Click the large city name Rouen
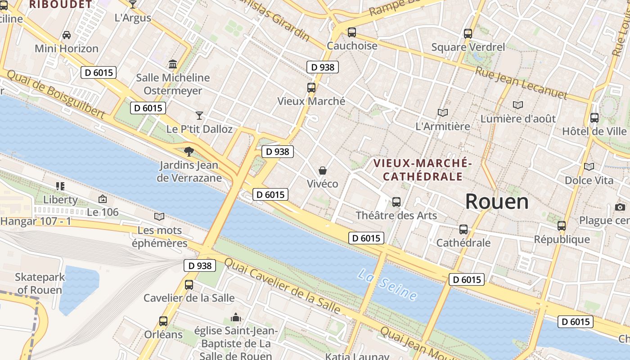click(x=497, y=202)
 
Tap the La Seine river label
click(x=387, y=284)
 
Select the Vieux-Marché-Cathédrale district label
click(x=423, y=169)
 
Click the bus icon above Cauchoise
click(x=352, y=32)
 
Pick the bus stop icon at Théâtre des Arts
click(x=396, y=202)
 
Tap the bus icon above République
click(x=562, y=226)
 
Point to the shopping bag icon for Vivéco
click(x=323, y=171)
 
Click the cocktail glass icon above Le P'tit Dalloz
click(x=199, y=116)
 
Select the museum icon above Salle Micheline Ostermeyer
click(x=173, y=64)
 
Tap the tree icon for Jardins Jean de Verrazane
click(x=189, y=152)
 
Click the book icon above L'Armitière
click(x=443, y=113)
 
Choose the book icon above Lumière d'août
click(x=518, y=105)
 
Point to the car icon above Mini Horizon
click(x=67, y=35)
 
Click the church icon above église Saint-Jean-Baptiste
click(x=236, y=318)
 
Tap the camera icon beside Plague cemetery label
click(x=620, y=207)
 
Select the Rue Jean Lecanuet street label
click(x=522, y=83)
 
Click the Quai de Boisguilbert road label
click(x=56, y=95)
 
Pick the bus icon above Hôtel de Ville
click(x=594, y=118)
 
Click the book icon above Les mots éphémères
click(x=159, y=217)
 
